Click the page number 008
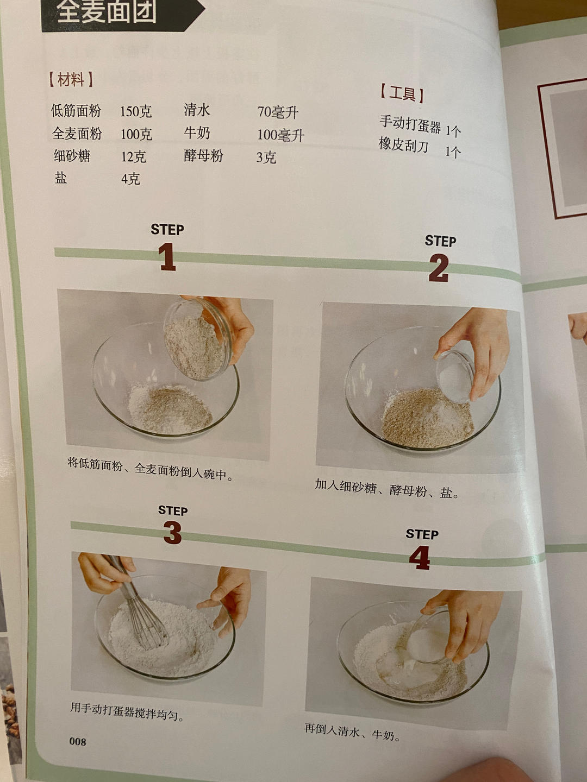[x=77, y=741]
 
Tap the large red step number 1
[x=167, y=257]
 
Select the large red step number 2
[x=439, y=268]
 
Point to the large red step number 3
[x=172, y=533]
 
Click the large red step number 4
[x=420, y=558]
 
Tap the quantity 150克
[x=136, y=112]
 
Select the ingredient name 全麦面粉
[x=77, y=134]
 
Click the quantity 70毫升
[x=278, y=112]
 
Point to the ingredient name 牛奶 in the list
[x=197, y=133]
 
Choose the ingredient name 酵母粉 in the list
[x=203, y=156]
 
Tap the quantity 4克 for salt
[x=130, y=179]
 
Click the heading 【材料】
[x=71, y=80]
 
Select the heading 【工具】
[x=402, y=93]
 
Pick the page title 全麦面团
[x=107, y=12]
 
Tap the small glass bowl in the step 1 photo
[x=198, y=339]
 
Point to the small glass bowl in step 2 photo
[x=455, y=375]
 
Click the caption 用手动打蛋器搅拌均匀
[x=127, y=711]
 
